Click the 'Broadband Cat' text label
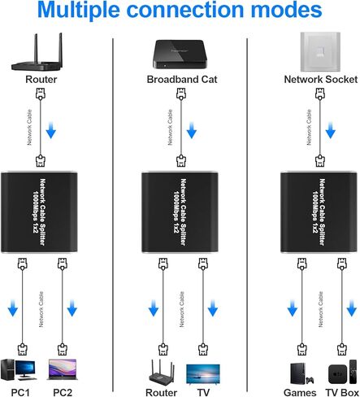tap(179, 80)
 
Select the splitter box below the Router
tap(41, 213)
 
